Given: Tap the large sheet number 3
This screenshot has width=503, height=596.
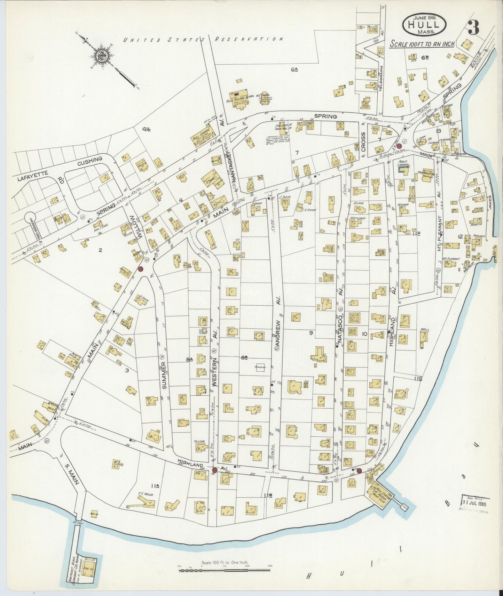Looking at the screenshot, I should (x=473, y=27).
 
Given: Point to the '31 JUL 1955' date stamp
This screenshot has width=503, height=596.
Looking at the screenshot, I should (x=475, y=503).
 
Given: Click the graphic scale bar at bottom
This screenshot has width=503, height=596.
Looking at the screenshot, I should (x=225, y=567).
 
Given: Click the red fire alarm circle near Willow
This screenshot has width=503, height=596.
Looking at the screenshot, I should (x=141, y=269).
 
